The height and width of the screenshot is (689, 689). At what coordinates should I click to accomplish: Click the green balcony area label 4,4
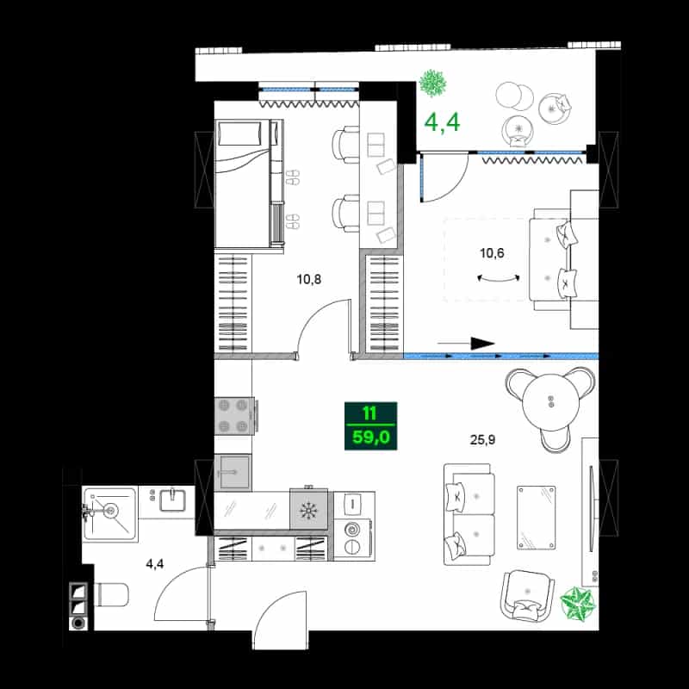tap(442, 122)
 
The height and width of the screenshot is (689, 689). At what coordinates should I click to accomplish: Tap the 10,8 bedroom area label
tap(309, 279)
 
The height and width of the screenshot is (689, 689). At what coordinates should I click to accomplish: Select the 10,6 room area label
tap(492, 253)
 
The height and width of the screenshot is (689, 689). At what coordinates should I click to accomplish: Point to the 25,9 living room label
tap(482, 439)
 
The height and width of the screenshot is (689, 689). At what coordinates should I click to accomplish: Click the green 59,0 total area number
tap(371, 438)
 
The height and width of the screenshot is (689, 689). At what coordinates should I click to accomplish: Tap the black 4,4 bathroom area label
tap(155, 564)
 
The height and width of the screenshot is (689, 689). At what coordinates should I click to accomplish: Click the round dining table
tap(549, 402)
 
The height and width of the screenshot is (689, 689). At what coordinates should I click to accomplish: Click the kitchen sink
tap(233, 472)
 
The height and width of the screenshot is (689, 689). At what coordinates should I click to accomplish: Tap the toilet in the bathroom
tap(111, 595)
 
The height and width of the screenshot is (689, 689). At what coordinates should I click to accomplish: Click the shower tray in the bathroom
tap(109, 513)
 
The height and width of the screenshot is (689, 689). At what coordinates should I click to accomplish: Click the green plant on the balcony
tap(433, 83)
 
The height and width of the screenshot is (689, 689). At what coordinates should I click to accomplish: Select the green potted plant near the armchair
tap(578, 604)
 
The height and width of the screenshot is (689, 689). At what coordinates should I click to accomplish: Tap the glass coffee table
tap(536, 518)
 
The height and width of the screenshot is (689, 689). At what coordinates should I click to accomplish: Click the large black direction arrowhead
tap(483, 344)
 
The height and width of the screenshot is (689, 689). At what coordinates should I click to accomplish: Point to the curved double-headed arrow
tap(499, 277)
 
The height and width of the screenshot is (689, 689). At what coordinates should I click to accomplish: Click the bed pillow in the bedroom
tap(240, 133)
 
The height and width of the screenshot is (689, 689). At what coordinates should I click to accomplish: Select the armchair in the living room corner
tap(526, 595)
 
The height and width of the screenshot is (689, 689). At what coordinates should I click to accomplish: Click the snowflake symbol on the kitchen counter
tap(308, 510)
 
